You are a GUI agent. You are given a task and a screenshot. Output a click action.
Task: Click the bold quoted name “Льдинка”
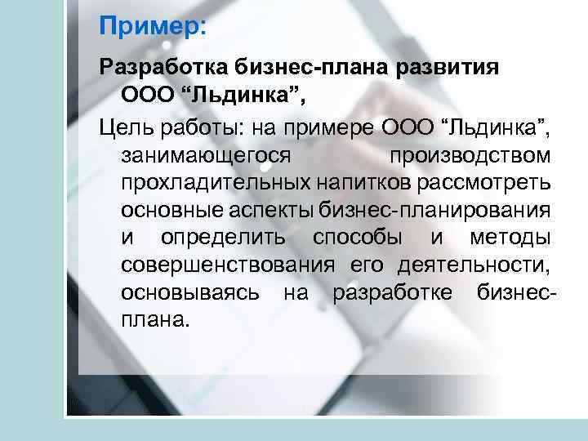tap(248, 97)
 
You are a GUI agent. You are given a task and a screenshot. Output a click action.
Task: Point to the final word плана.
tap(154, 320)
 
